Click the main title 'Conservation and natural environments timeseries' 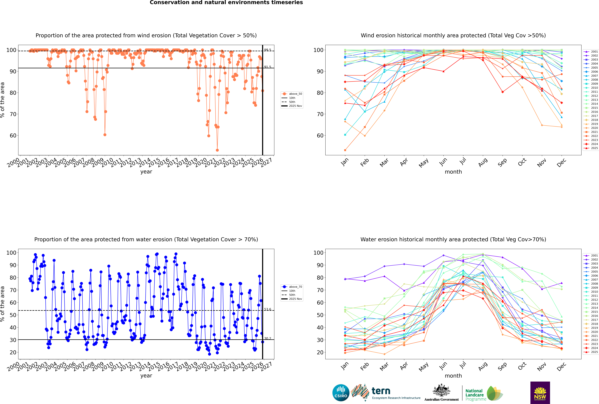tap(226, 3)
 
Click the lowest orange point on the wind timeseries tap(217, 150)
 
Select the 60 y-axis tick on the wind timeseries tap(13, 135)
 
